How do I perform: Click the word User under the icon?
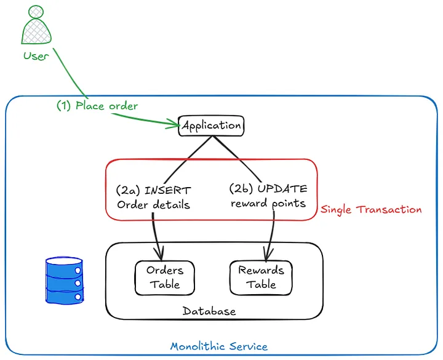pos(36,56)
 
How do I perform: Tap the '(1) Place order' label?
pos(97,105)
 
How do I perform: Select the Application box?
pos(212,126)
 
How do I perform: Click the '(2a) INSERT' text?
pos(153,190)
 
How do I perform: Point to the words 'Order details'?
pos(153,204)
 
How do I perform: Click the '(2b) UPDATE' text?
pos(268,188)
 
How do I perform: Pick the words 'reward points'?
pos(268,203)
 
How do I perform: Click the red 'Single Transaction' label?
pos(371,210)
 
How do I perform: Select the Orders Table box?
pos(165,278)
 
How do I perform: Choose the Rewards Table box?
pos(261,278)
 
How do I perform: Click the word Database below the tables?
pos(209,311)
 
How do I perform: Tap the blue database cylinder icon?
pos(64,281)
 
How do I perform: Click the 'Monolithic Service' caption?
pos(218,346)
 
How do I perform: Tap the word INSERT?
pos(168,190)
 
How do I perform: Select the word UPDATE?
pos(283,188)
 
